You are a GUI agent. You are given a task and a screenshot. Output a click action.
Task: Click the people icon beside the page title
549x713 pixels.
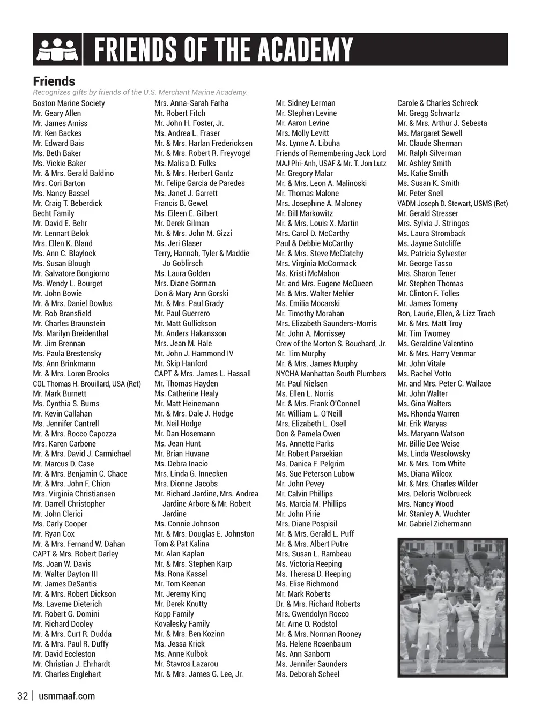(x=57, y=50)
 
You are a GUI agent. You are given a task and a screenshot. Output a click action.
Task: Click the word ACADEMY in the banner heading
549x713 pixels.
(x=305, y=50)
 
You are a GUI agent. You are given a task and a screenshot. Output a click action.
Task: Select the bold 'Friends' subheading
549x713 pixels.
(x=54, y=81)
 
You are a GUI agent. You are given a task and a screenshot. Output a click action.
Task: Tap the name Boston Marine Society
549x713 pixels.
(x=69, y=103)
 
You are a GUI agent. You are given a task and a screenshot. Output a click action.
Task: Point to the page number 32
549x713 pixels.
(x=23, y=696)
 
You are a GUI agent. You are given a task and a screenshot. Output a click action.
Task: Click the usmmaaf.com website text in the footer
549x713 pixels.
(x=67, y=696)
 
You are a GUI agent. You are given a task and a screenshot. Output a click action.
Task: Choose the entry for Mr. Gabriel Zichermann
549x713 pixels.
(x=434, y=524)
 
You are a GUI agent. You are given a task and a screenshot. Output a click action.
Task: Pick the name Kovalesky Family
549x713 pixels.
(x=182, y=624)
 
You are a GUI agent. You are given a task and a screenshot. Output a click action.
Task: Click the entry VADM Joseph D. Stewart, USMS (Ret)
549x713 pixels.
(x=452, y=204)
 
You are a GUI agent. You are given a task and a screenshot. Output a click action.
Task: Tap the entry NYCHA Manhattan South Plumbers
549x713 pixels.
(x=331, y=374)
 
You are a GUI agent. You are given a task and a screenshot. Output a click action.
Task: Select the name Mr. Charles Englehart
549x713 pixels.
(x=67, y=674)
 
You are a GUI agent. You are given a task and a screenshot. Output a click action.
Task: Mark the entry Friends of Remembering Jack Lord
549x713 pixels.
(x=331, y=153)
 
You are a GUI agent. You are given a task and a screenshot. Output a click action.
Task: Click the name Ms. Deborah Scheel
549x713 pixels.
(x=307, y=674)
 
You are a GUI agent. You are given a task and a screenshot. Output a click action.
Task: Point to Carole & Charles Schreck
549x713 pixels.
(x=437, y=103)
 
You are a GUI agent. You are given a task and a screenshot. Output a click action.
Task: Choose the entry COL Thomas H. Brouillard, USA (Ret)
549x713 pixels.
(x=87, y=384)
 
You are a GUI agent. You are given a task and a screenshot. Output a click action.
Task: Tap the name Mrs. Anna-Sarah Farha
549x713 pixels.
(x=191, y=103)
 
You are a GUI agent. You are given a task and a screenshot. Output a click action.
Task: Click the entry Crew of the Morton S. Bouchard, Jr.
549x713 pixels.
(x=331, y=344)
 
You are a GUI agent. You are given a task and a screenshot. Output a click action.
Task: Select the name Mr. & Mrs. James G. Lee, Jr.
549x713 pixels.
(x=198, y=674)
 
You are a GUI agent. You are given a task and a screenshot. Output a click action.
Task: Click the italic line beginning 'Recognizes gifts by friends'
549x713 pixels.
(x=140, y=92)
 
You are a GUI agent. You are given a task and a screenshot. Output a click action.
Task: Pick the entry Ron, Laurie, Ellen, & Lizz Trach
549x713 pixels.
(x=446, y=314)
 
